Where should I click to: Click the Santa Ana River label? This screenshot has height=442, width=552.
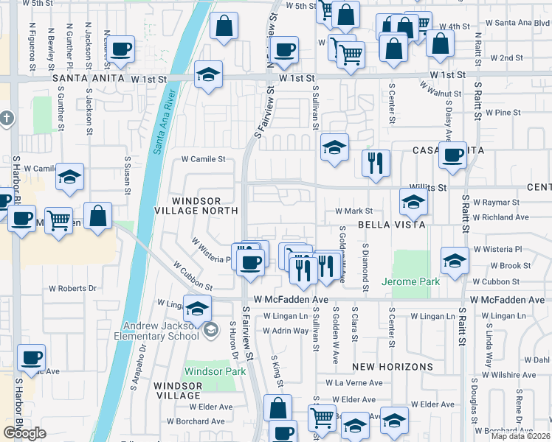(x=166, y=121)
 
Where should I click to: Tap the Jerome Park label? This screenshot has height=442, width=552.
(x=410, y=281)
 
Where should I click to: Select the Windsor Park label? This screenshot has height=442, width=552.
(x=215, y=371)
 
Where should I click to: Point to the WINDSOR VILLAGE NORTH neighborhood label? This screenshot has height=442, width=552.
(x=206, y=206)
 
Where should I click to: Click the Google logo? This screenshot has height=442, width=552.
(x=24, y=433)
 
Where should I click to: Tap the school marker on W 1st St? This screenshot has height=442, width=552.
(x=209, y=74)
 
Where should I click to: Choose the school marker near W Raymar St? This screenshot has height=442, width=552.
(x=413, y=202)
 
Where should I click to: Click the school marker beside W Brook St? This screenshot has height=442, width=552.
(x=455, y=260)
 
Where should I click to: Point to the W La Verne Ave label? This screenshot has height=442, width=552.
(x=359, y=383)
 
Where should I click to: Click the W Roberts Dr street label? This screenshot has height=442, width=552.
(x=72, y=289)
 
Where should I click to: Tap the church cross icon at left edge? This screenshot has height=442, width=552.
(x=7, y=118)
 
